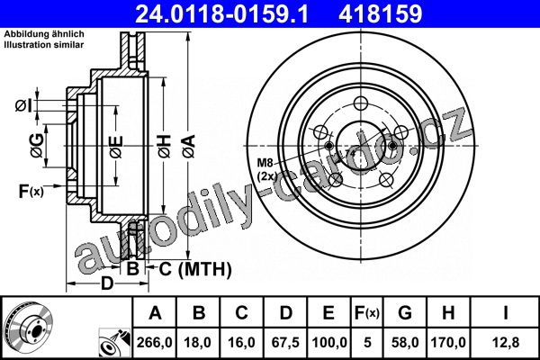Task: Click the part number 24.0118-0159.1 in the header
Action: [x=221, y=13]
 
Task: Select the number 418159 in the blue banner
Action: [x=380, y=13]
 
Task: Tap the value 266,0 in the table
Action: [x=154, y=342]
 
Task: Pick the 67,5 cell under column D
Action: [x=285, y=342]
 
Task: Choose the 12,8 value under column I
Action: [x=506, y=342]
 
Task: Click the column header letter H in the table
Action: [x=448, y=313]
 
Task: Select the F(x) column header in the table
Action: [x=367, y=313]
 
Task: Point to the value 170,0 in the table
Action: [x=448, y=342]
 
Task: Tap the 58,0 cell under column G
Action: [x=405, y=342]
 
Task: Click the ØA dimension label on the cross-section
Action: [x=189, y=147]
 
